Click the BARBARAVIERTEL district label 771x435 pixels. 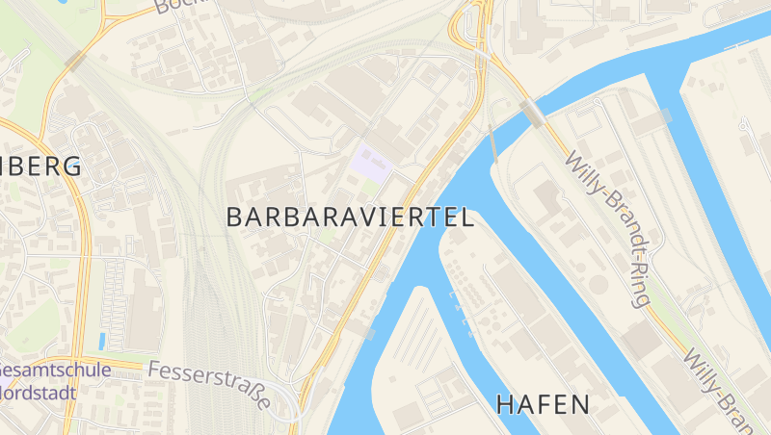point(350,217)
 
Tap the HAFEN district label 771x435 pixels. point(543,404)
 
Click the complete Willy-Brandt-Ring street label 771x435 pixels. point(609,228)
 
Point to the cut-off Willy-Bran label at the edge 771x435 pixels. point(723,389)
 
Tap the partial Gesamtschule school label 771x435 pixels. point(43,371)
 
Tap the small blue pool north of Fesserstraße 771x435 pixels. point(101,341)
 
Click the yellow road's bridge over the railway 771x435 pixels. point(75,62)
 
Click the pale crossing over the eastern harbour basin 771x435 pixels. point(665,116)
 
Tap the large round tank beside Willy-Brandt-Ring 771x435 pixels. point(599,285)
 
